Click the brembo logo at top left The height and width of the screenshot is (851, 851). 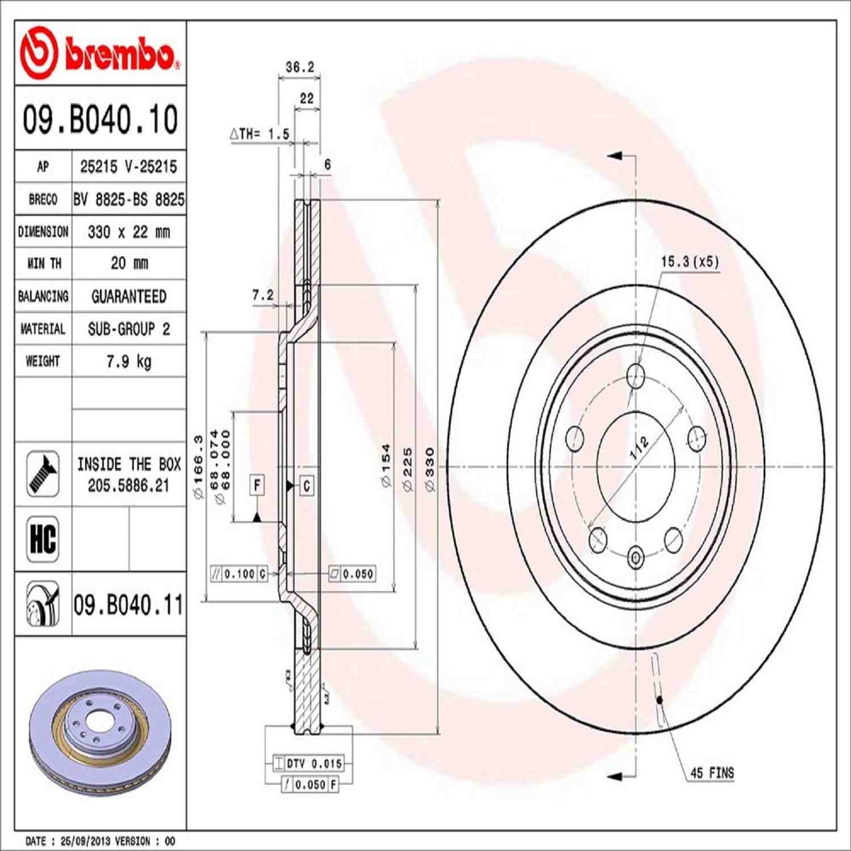point(99,53)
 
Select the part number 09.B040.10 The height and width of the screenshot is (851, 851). point(100,120)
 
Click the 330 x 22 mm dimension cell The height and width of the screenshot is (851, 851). point(128,232)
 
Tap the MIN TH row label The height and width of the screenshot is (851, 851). point(43,263)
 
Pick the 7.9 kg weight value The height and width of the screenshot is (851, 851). point(128,361)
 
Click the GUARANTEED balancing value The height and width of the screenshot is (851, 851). point(128,296)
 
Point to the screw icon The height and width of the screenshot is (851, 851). point(43,473)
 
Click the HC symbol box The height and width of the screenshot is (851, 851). point(43,538)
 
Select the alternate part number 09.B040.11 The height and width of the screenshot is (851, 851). point(128,605)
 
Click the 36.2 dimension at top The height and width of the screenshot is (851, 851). point(299,67)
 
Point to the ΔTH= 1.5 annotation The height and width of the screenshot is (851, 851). point(260,134)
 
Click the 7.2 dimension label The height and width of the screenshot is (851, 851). point(263,295)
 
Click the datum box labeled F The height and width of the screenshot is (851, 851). point(257,485)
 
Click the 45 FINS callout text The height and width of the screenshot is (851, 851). point(711,773)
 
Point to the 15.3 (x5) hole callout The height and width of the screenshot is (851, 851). point(690,261)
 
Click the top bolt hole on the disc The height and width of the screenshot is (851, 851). point(635,376)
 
